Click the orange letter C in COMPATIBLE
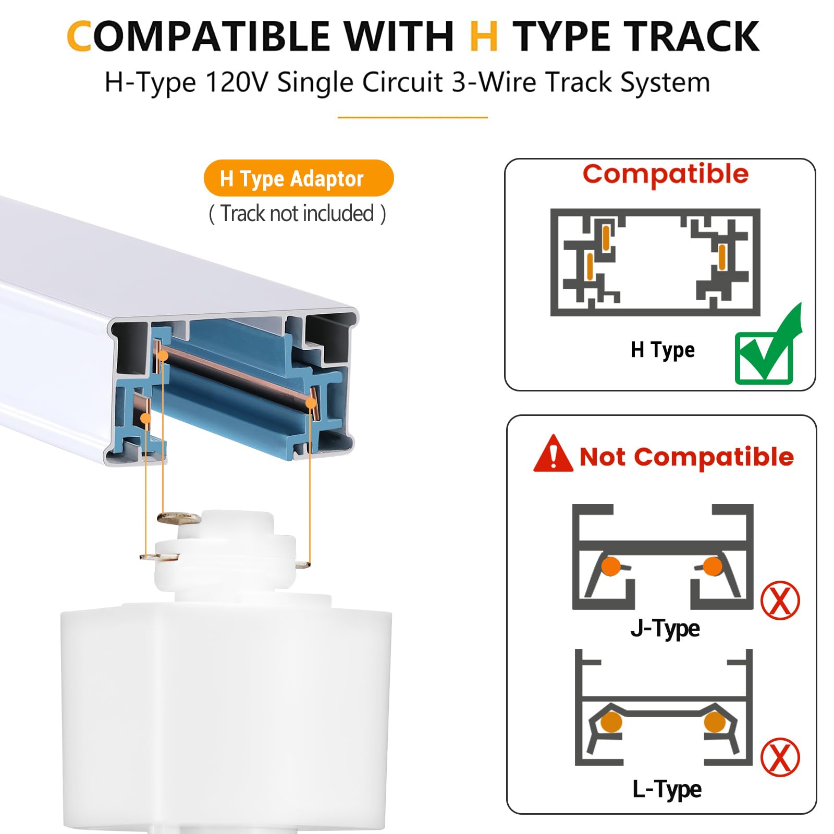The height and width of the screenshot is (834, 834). pyautogui.click(x=80, y=37)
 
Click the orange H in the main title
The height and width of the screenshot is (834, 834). pyautogui.click(x=483, y=37)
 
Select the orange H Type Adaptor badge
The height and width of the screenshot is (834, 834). pyautogui.click(x=298, y=178)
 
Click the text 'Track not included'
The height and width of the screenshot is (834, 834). pyautogui.click(x=297, y=214)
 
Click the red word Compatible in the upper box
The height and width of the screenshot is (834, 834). pyautogui.click(x=665, y=174)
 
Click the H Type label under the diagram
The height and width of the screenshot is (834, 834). pyautogui.click(x=662, y=350)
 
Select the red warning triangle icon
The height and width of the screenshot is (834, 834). pyautogui.click(x=553, y=455)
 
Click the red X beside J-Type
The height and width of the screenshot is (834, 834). pyautogui.click(x=780, y=600)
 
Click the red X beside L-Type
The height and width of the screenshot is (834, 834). pyautogui.click(x=780, y=757)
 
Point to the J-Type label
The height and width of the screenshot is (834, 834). pyautogui.click(x=665, y=629)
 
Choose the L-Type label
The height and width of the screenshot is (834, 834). pyautogui.click(x=666, y=789)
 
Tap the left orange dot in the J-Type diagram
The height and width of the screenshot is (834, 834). pyautogui.click(x=610, y=566)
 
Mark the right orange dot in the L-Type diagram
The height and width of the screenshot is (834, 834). pyautogui.click(x=714, y=722)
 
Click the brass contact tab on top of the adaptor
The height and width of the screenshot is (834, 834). pyautogui.click(x=177, y=518)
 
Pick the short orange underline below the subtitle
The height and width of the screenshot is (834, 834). pyautogui.click(x=412, y=117)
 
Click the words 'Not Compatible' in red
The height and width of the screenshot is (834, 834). pyautogui.click(x=686, y=457)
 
